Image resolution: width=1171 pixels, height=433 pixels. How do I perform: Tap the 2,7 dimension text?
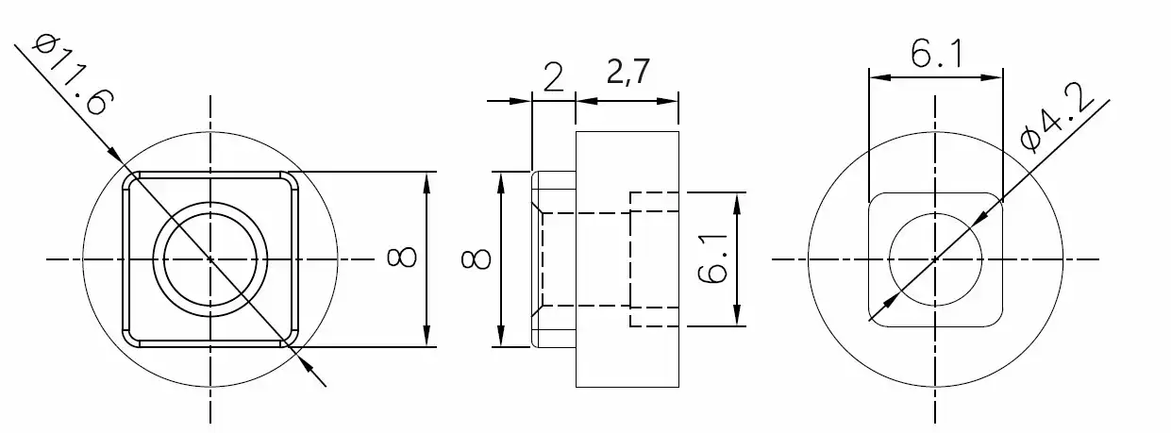tap(627, 73)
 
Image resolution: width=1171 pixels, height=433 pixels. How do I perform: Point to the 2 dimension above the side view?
tap(554, 75)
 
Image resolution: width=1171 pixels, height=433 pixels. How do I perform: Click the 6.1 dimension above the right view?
tap(935, 56)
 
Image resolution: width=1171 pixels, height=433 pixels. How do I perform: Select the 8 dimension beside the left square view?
tap(400, 258)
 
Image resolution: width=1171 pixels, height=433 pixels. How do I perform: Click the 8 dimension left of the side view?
tap(476, 258)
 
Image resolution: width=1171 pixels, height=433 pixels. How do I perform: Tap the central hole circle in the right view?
tap(934, 258)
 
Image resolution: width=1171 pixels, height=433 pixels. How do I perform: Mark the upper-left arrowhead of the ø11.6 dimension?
tap(112, 154)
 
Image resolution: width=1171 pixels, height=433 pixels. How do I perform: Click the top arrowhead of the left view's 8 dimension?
tap(427, 180)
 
